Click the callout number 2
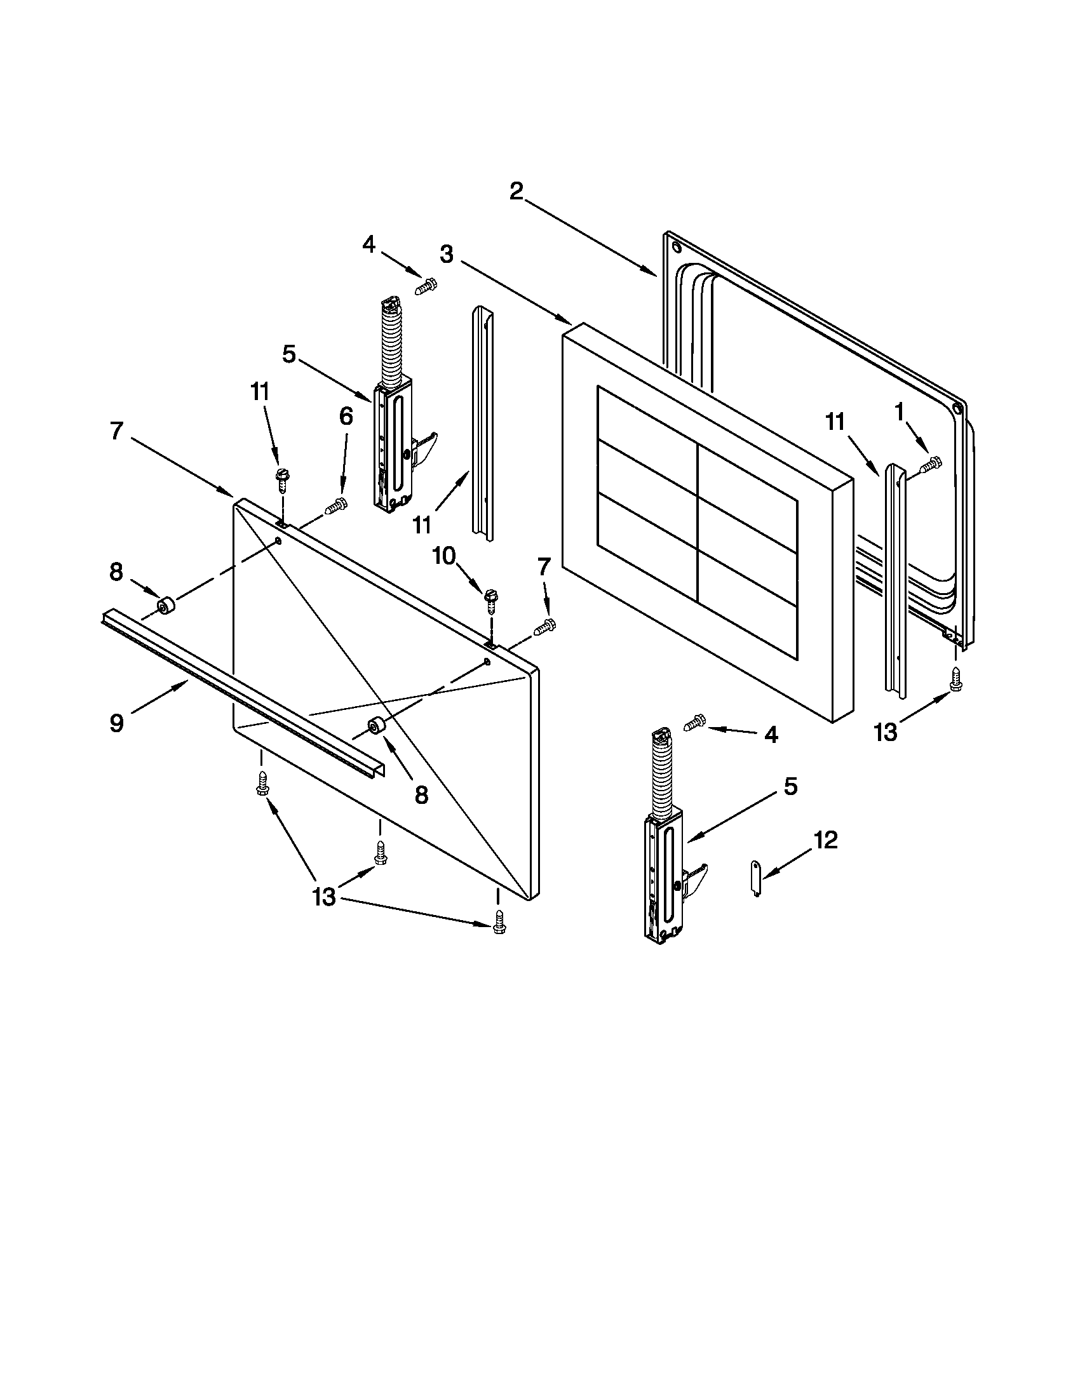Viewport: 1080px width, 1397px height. pyautogui.click(x=516, y=190)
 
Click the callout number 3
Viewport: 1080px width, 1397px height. pyautogui.click(x=447, y=254)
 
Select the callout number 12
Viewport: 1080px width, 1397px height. pyautogui.click(x=825, y=840)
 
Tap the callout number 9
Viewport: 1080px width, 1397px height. pyautogui.click(x=116, y=723)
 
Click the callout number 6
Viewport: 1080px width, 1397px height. pyautogui.click(x=346, y=417)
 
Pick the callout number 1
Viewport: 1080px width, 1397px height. pyautogui.click(x=900, y=413)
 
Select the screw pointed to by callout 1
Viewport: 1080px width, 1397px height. pyautogui.click(x=931, y=465)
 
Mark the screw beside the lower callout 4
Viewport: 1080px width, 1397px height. pyautogui.click(x=695, y=722)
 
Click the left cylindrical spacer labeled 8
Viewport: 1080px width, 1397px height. pyautogui.click(x=166, y=605)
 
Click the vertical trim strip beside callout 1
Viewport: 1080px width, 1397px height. pyautogui.click(x=895, y=576)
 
